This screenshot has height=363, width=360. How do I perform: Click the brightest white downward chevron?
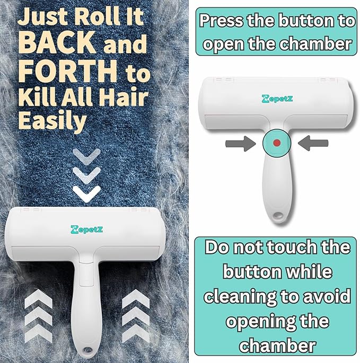pyautogui.click(x=86, y=193)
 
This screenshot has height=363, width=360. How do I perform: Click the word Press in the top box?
pyautogui.click(x=222, y=21)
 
